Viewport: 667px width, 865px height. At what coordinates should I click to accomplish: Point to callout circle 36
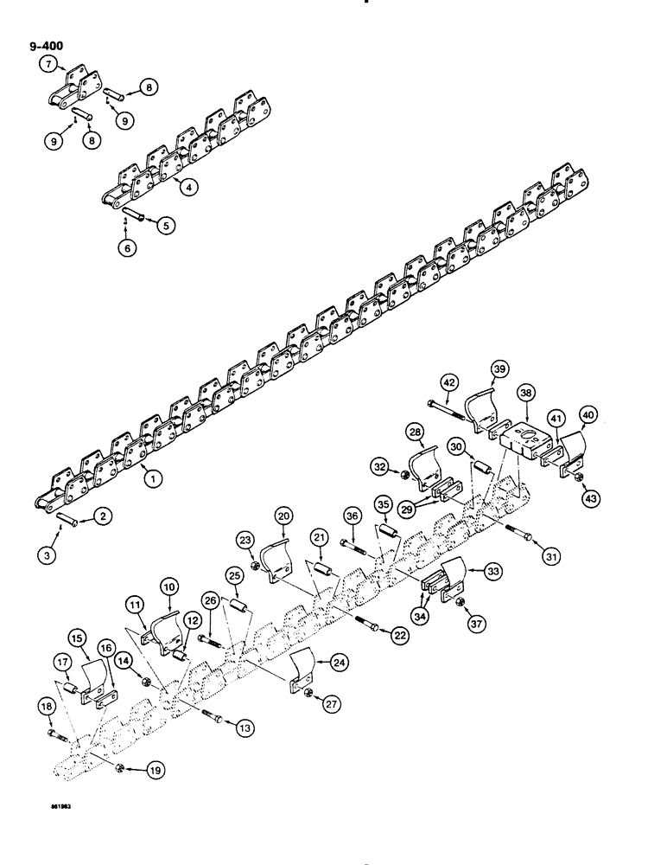point(351,516)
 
